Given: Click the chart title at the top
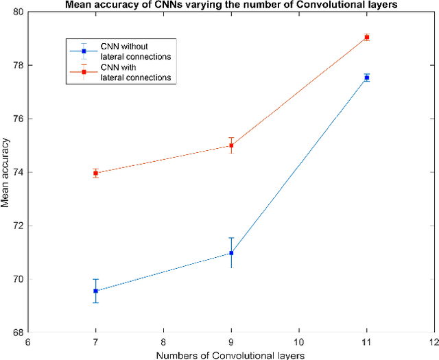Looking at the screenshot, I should coord(231,6).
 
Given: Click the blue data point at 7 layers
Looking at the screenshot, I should coord(95,291).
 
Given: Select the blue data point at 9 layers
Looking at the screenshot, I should coord(231,253).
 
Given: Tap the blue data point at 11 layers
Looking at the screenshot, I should coord(367,78).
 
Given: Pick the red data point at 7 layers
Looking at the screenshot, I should coord(95,173).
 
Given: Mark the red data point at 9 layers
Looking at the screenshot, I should coord(231,145).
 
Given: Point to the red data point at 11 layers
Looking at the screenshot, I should coord(367,37).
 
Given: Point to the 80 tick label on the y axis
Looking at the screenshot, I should coord(16,12).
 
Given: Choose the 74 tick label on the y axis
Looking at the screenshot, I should coord(16,173).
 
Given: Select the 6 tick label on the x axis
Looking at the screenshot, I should coord(27,341).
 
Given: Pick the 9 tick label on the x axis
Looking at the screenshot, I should coord(231,341).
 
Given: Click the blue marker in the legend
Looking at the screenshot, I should coord(84,51).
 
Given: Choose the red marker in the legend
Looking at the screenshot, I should coord(84,72).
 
